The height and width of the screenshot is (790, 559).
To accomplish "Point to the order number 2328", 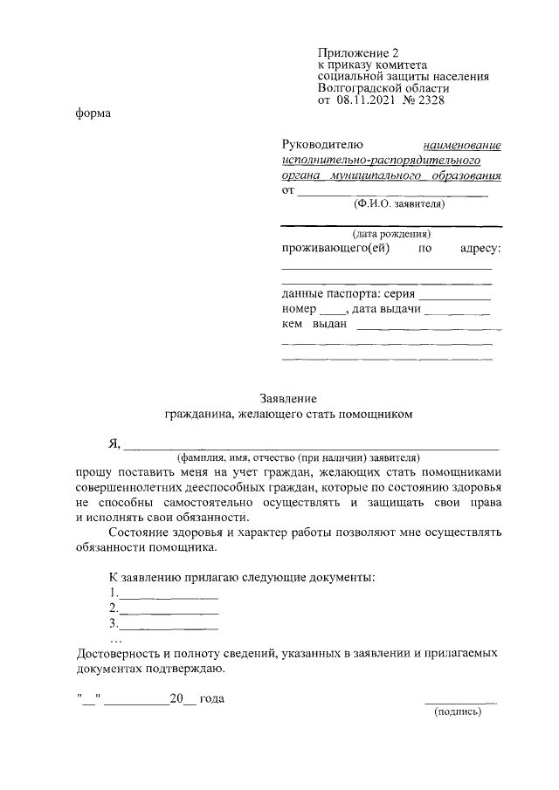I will click(x=428, y=101).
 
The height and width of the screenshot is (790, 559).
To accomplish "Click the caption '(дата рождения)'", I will click(x=390, y=235).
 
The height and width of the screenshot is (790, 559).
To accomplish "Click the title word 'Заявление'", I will click(x=288, y=397).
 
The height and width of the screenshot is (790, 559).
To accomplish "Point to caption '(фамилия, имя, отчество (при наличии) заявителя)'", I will click(x=298, y=457).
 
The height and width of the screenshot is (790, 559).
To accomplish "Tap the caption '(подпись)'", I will click(x=458, y=711).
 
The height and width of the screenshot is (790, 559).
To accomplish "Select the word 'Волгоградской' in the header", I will click(x=357, y=89).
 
